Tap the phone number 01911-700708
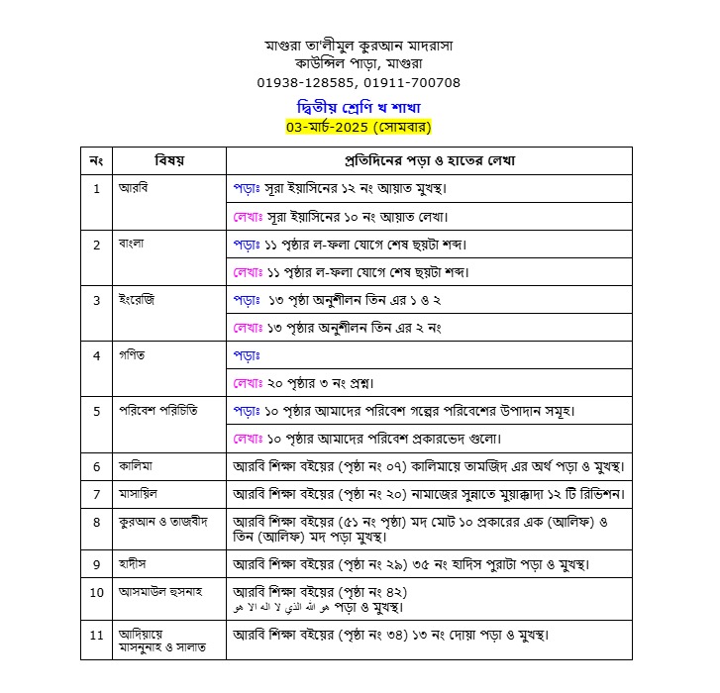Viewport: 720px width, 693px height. pos(412,82)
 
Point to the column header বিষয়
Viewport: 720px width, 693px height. pos(169,160)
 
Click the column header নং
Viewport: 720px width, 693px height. pos(96,160)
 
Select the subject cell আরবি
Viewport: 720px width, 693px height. pos(134,187)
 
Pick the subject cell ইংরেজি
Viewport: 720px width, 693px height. pos(136,299)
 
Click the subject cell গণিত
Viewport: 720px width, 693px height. pos(132,354)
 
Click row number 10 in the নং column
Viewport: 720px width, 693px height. pos(96,592)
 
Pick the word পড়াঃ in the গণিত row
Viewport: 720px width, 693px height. pos(247,354)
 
